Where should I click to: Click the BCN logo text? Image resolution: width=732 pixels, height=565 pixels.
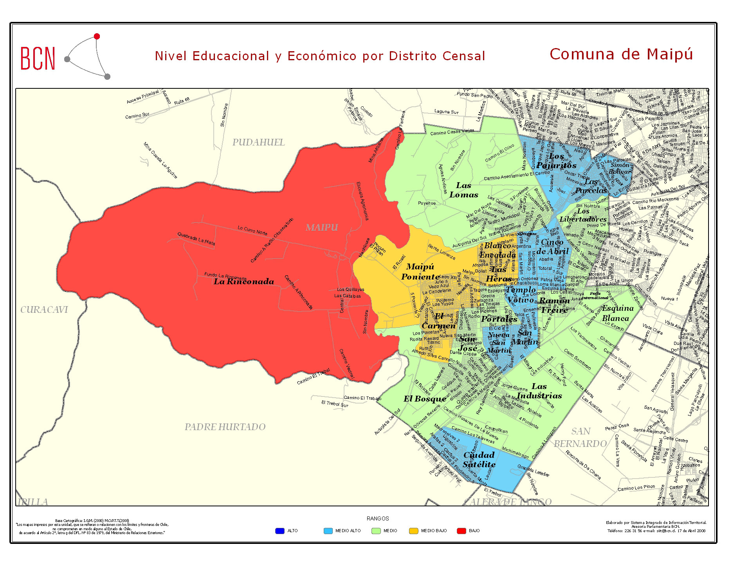[38, 59]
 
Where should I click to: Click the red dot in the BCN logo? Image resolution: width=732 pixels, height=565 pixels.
[97, 36]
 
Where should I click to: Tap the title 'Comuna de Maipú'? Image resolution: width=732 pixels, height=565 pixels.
[621, 54]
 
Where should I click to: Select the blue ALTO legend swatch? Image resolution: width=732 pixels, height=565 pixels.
[279, 531]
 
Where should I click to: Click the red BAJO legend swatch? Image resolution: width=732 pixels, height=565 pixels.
[461, 531]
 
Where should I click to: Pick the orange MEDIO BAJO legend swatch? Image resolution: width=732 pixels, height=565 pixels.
[413, 531]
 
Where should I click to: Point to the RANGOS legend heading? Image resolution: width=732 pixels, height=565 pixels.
[378, 518]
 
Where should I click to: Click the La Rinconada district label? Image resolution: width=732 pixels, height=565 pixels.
[243, 282]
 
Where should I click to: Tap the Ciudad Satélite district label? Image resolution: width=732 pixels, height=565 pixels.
[479, 459]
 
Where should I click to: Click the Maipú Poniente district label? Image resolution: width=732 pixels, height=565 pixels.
[420, 271]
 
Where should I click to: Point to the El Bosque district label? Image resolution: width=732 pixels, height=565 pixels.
[425, 399]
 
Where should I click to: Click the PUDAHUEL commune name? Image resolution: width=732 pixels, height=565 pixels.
[258, 142]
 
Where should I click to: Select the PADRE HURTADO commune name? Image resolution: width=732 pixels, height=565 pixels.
[225, 427]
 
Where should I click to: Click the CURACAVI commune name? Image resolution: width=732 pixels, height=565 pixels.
[44, 310]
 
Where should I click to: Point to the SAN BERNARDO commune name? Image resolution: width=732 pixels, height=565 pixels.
[581, 437]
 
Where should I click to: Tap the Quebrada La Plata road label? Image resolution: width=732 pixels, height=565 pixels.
[196, 239]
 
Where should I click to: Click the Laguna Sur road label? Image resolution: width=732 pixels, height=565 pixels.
[446, 112]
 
